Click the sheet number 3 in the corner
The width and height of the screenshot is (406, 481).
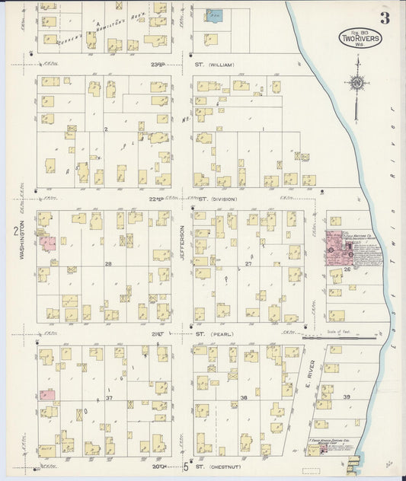click(385, 18)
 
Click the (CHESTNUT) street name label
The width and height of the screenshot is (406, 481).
click(226, 467)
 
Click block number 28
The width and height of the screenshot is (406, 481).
click(109, 264)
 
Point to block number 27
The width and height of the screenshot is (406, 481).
click(248, 264)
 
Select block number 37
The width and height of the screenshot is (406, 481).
click(109, 398)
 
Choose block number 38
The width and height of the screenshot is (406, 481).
click(245, 398)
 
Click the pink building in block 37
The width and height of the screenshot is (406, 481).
click(47, 395)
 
